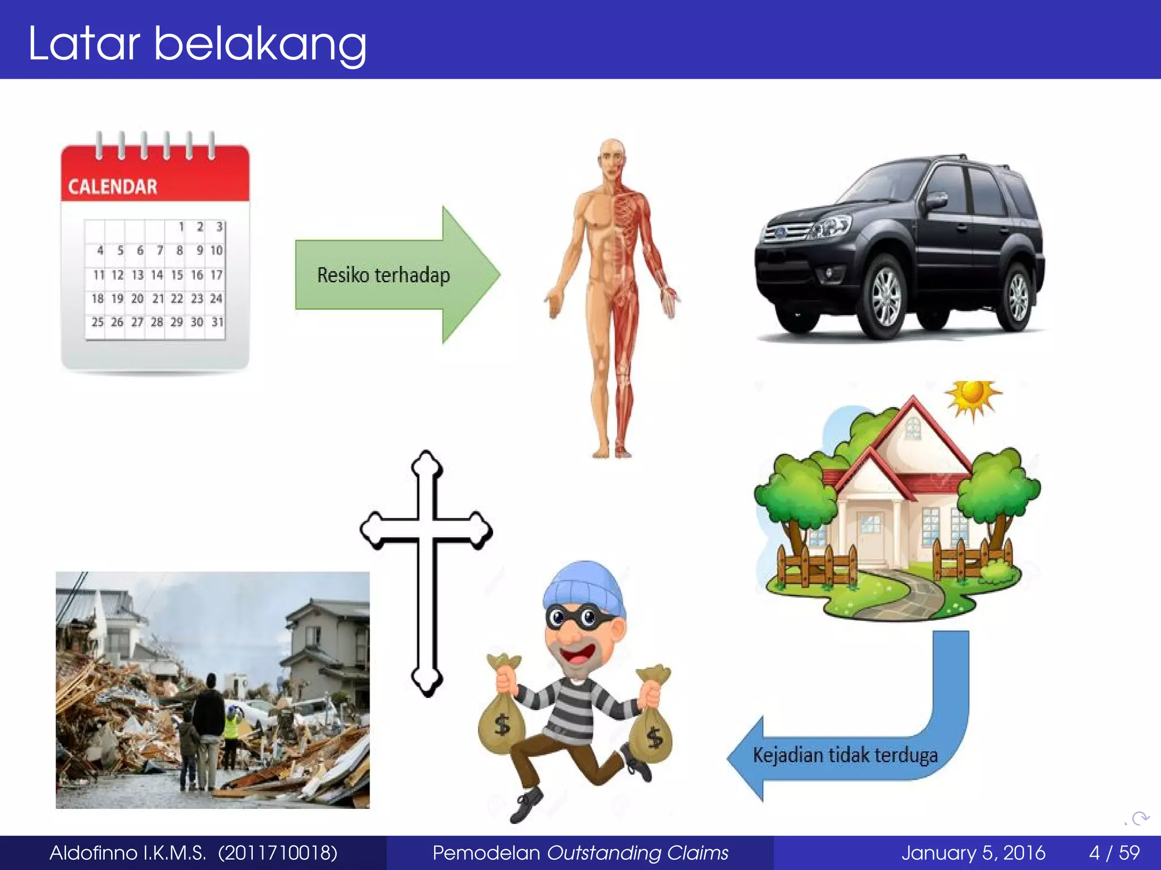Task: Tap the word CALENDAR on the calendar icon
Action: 112,187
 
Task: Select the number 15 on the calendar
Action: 177,275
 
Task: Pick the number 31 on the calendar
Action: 217,322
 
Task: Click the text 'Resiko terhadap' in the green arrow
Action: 383,275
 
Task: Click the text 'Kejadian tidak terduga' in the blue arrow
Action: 845,756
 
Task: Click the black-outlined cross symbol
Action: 426,572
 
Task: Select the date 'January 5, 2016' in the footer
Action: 973,853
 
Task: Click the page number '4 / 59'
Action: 1114,853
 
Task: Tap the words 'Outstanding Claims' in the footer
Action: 637,853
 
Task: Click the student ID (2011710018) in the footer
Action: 278,853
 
